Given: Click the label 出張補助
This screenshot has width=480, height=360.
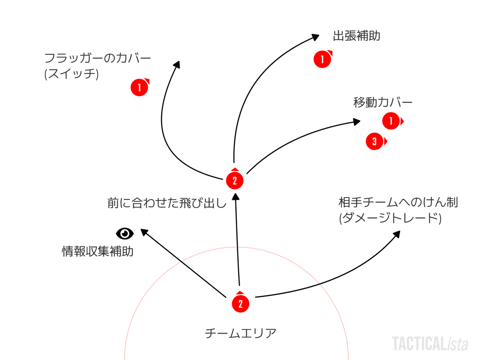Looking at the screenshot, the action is (x=356, y=36).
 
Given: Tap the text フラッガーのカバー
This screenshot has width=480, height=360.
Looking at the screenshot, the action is (x=98, y=58).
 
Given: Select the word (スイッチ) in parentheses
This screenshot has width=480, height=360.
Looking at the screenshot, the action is (x=72, y=74).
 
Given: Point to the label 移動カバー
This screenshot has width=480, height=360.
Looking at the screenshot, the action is (x=383, y=102).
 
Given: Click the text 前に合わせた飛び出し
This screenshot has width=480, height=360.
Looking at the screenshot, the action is (x=167, y=203).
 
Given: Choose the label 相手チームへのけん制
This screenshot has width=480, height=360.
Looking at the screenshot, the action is (x=398, y=202).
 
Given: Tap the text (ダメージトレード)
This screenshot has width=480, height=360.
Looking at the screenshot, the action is (x=390, y=219).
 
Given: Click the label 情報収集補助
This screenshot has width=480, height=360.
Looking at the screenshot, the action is (x=98, y=252).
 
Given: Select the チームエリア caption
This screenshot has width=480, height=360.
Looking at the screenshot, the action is (x=240, y=333).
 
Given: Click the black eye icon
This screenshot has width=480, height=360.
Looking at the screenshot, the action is (x=125, y=233).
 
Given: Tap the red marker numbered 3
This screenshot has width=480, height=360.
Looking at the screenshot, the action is (x=375, y=142).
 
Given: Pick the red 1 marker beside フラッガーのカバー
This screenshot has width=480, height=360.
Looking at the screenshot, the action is (x=139, y=87).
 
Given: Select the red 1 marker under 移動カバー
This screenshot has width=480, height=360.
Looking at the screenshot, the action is (x=391, y=121).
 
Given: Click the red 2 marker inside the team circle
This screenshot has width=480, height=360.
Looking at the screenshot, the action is (x=240, y=304).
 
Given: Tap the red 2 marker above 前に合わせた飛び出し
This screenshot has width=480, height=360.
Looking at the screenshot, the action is (x=235, y=181).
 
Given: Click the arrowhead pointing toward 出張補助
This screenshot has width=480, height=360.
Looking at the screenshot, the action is (x=316, y=36).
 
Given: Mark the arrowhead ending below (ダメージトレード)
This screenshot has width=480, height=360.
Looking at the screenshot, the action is (x=396, y=234).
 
